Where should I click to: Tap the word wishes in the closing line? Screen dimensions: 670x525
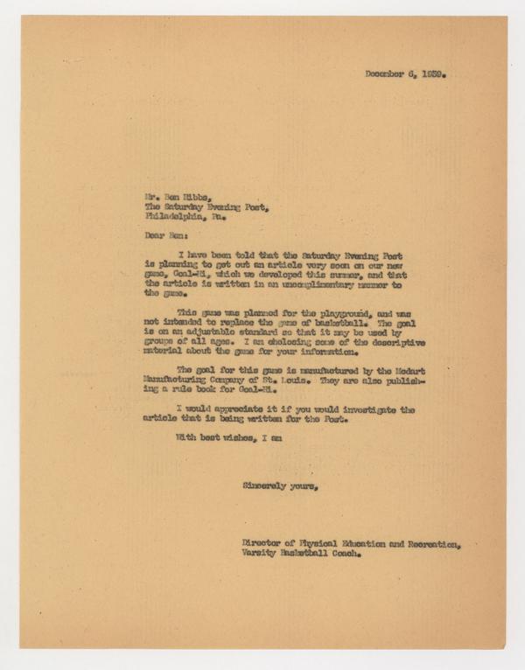[x=229, y=435]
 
